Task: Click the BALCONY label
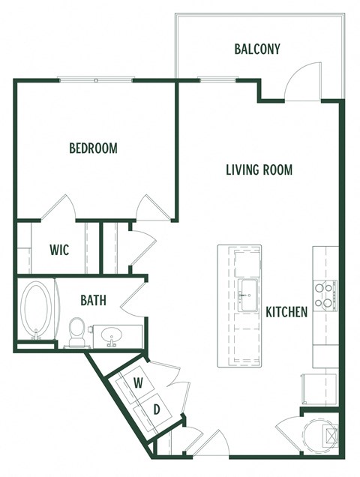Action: click(x=257, y=49)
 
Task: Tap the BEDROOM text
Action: click(x=93, y=148)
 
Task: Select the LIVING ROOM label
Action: click(x=259, y=169)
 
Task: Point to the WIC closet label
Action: click(x=59, y=250)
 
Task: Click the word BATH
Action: click(x=93, y=301)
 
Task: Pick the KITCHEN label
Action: click(x=286, y=311)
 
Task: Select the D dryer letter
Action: click(x=157, y=409)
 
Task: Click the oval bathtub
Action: click(x=38, y=310)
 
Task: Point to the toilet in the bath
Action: click(x=76, y=331)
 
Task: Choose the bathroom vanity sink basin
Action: click(x=112, y=334)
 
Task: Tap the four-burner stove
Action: click(x=325, y=295)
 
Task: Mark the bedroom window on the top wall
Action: click(x=96, y=79)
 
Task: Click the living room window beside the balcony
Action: click(x=217, y=79)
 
